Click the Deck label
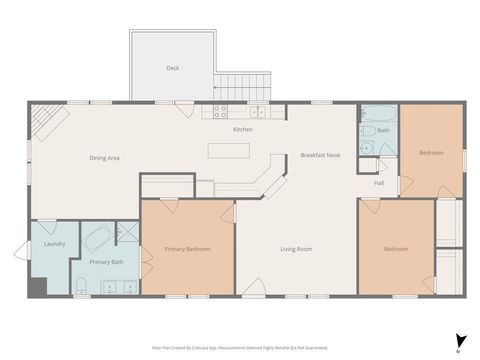coord(173,68)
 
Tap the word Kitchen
coord(243,130)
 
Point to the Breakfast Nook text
coord(320,155)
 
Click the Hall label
coord(379,183)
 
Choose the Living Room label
coord(296,249)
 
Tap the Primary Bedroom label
coord(187,249)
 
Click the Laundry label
coord(55,243)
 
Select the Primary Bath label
coord(106,262)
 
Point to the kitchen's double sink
coord(257,112)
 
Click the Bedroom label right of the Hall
coord(431,153)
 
